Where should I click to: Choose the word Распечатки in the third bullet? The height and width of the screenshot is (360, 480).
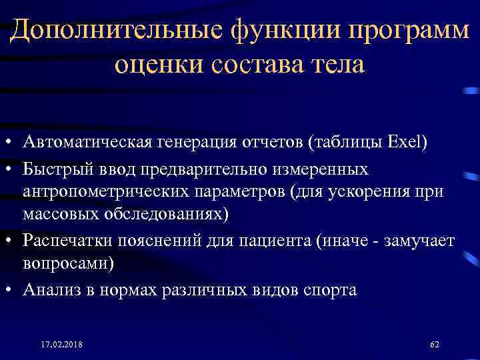pyautogui.click(x=63, y=240)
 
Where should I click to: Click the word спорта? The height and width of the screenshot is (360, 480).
pyautogui.click(x=331, y=289)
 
